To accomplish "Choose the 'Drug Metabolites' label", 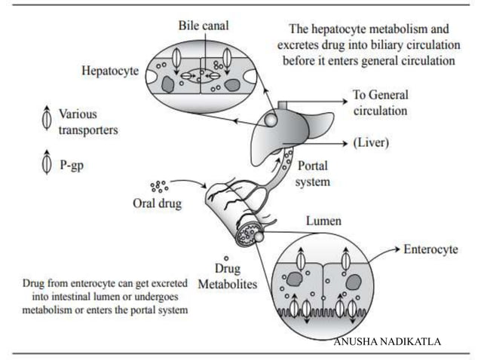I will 227,277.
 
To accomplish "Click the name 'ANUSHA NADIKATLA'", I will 388,343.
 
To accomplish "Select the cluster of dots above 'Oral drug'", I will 158,185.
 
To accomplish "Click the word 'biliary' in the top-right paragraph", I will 373,44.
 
